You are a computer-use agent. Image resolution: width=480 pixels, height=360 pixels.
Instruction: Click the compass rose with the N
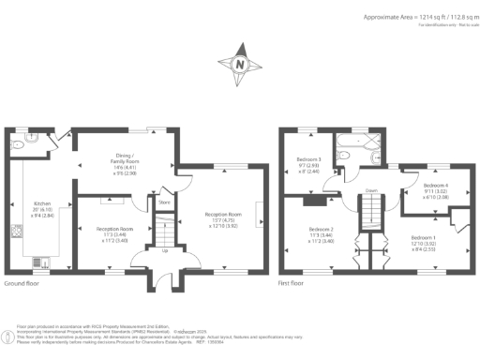coord(239,65)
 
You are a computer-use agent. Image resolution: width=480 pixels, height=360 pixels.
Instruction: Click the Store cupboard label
coord(163,202)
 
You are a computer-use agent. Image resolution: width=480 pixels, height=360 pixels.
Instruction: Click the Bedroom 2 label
coord(322,234)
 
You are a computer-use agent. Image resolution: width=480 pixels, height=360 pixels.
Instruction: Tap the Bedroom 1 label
coord(425,244)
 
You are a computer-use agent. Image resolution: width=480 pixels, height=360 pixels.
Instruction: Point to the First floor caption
coord(292,283)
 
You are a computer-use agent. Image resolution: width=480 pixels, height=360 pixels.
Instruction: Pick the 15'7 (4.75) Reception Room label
coord(223,218)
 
